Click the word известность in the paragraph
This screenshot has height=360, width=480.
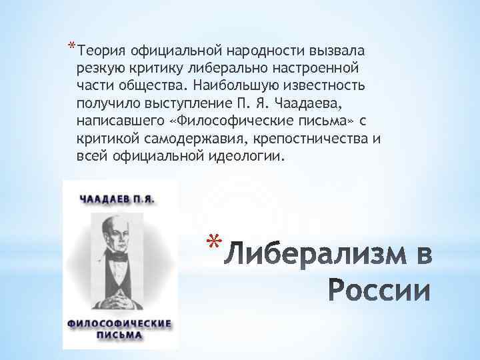pyautogui.click(x=344, y=86)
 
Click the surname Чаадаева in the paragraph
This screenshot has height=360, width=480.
pyautogui.click(x=303, y=104)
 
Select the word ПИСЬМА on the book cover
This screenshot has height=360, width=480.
pyautogui.click(x=120, y=335)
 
